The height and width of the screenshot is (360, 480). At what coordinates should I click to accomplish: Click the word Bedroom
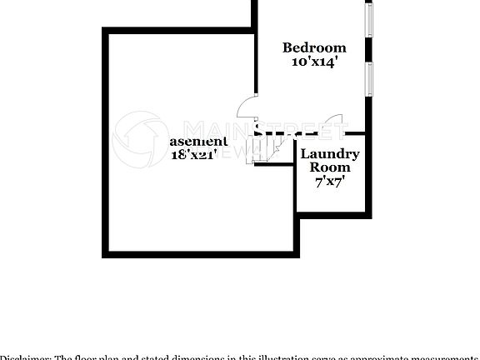[x=313, y=47]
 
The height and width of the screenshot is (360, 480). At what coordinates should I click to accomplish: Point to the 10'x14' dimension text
[x=313, y=62]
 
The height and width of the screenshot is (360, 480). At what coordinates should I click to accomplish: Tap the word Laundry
[x=330, y=154]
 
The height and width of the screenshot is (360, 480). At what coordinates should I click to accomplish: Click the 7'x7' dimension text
[x=330, y=180]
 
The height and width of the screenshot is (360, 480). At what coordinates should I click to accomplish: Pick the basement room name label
[x=198, y=142]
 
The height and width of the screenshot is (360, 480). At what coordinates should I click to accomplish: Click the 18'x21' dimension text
[x=194, y=154]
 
